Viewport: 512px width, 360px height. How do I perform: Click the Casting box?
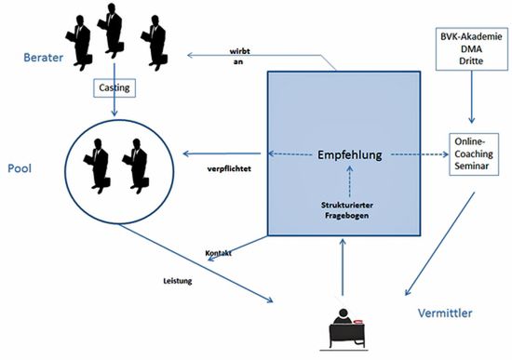point(115,88)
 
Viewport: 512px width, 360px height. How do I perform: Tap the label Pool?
point(20,171)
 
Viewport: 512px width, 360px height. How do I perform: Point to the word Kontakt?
point(219,253)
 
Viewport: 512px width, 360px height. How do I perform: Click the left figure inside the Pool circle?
point(96,164)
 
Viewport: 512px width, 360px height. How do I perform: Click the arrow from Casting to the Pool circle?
point(115,108)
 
